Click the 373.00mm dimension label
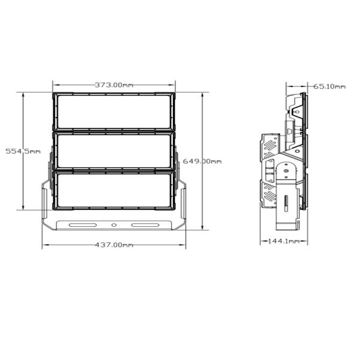(114, 85)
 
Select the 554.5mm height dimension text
(23, 151)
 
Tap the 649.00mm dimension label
(202, 161)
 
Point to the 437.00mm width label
(114, 245)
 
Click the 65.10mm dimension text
(329, 86)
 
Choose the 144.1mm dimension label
(284, 241)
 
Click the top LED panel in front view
(114, 112)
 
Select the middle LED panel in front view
(114, 151)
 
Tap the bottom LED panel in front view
(114, 190)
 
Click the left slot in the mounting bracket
(83, 225)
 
